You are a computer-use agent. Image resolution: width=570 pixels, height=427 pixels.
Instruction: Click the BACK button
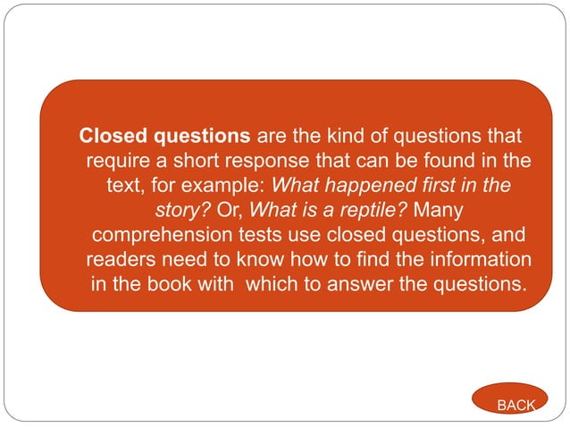[x=516, y=405]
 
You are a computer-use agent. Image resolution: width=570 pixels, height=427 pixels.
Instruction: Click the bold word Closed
[x=114, y=137]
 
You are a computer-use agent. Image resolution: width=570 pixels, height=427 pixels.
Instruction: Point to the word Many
[x=440, y=212]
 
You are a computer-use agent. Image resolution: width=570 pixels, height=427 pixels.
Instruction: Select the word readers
[x=122, y=261]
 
